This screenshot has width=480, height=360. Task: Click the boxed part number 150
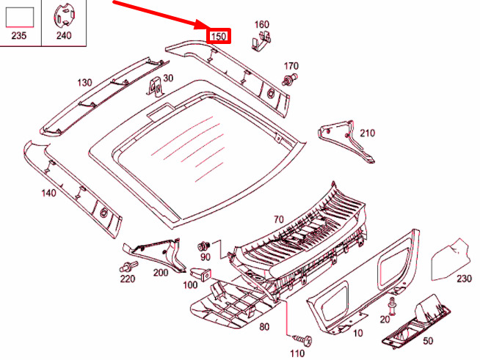(x=219, y=36)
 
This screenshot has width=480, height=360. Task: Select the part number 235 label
(x=18, y=35)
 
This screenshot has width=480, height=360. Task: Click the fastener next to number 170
(x=289, y=79)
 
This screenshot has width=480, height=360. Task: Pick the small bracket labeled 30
(x=156, y=87)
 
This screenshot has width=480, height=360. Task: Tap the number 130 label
(x=84, y=83)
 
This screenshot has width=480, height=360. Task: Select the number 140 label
(x=49, y=193)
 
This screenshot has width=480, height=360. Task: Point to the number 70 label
(x=279, y=219)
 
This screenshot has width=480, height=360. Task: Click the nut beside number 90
(x=203, y=246)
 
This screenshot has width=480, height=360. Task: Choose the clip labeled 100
(x=201, y=274)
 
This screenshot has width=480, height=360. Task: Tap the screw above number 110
(x=302, y=339)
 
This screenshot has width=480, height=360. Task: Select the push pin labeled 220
(x=128, y=266)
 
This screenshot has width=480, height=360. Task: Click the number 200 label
(x=161, y=272)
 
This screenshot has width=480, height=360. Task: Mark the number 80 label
(x=264, y=327)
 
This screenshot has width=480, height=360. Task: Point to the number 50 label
(x=428, y=340)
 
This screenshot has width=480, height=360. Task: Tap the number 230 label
(x=464, y=279)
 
